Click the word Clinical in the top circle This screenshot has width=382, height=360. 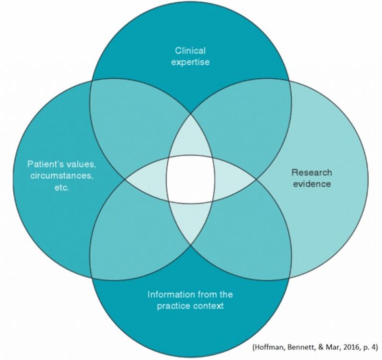pos(191,50)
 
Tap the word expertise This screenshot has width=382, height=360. pos(191,62)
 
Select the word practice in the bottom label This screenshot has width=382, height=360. pos(177,306)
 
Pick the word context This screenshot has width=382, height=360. pos(208,306)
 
